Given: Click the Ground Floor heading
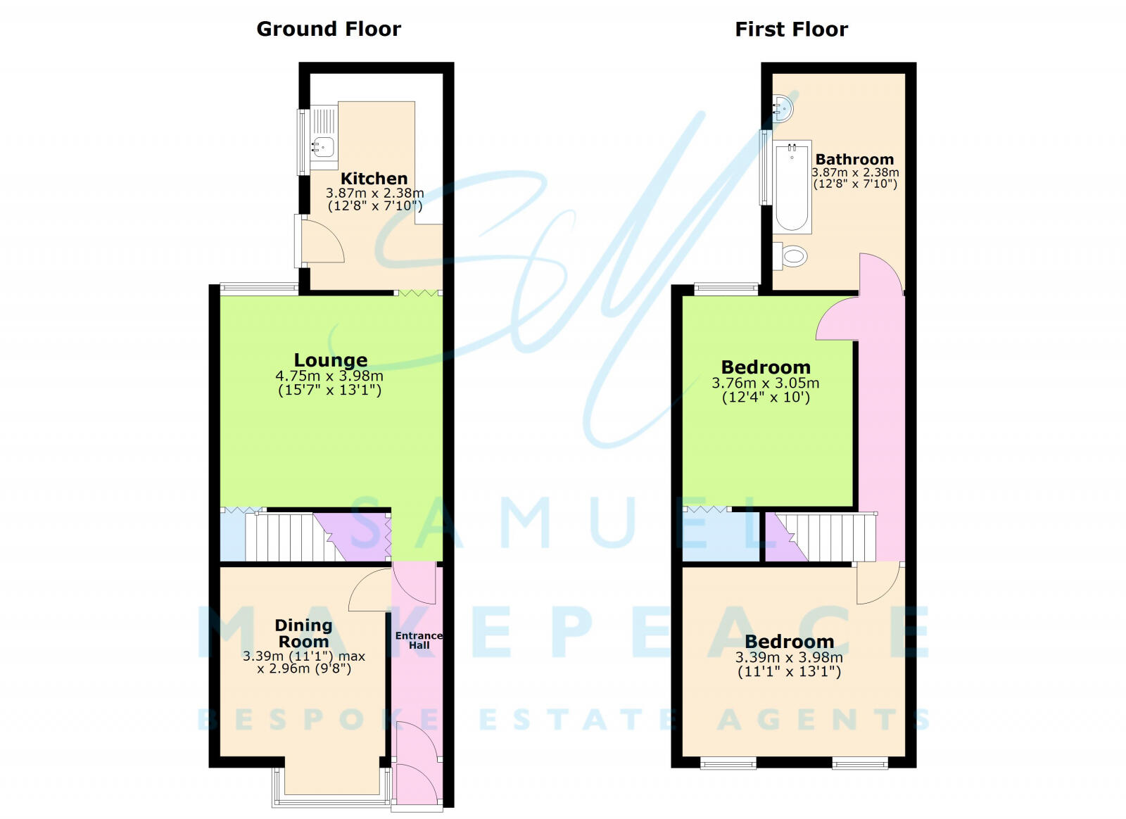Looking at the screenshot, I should click(x=329, y=29).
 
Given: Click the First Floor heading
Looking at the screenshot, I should click(x=791, y=29).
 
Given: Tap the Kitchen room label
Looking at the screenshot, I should click(x=374, y=179).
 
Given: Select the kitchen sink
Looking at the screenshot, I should click(x=323, y=146).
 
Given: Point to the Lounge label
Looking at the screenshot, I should click(x=330, y=360).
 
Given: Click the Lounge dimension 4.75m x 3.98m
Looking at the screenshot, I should click(x=329, y=376).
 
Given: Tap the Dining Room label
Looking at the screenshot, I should click(x=303, y=633).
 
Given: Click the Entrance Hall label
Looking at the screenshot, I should click(x=419, y=640).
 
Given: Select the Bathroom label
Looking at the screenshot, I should click(x=854, y=160).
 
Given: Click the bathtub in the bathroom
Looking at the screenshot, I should click(x=792, y=187).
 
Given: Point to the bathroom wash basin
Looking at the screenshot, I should click(x=783, y=108).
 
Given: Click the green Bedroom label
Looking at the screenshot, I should click(x=766, y=367).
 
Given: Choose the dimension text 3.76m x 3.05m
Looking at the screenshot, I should click(x=766, y=383).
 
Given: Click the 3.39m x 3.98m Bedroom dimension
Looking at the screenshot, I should click(x=789, y=658).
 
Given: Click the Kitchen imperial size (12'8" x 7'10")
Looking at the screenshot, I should click(x=375, y=206).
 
